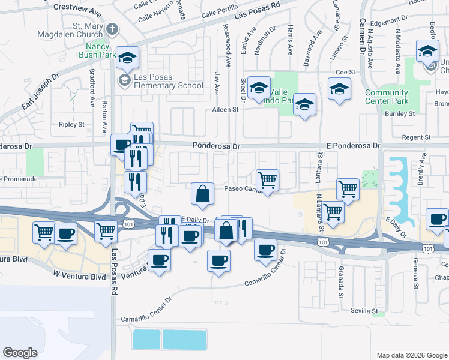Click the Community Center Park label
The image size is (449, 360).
387,97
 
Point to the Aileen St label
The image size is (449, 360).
226,110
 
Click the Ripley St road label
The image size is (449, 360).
72,124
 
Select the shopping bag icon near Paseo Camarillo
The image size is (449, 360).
203,193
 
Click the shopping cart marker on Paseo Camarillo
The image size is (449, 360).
267,179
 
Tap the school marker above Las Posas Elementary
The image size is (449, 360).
127,57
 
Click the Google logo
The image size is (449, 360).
20,353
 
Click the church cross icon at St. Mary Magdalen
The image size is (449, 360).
112,29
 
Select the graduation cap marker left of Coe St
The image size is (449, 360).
339,89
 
